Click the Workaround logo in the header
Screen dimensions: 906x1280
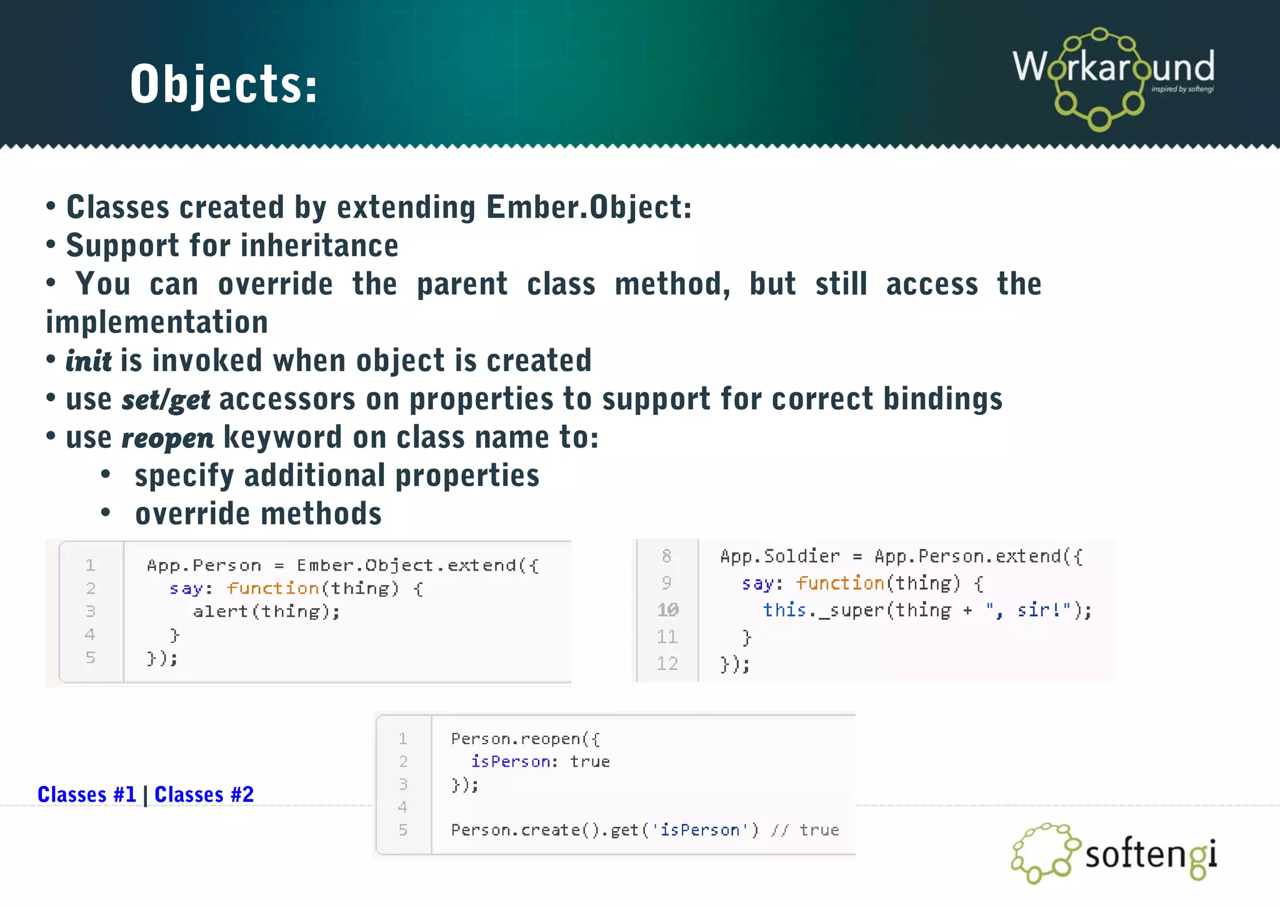pyautogui.click(x=1113, y=77)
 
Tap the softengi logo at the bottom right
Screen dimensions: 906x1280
pyautogui.click(x=1114, y=854)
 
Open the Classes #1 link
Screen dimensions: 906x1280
pyautogui.click(x=86, y=794)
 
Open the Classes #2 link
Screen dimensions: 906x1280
pyautogui.click(x=204, y=794)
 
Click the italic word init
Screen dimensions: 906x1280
pyautogui.click(x=88, y=361)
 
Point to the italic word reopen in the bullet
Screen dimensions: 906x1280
pyautogui.click(x=167, y=438)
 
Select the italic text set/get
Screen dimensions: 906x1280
pyautogui.click(x=166, y=400)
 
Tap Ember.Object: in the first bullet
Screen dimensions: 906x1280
pyautogui.click(x=589, y=207)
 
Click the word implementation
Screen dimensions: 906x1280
pyautogui.click(x=157, y=322)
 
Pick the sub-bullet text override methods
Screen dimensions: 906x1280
pyautogui.click(x=258, y=514)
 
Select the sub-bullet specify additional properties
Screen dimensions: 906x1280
pyautogui.click(x=337, y=476)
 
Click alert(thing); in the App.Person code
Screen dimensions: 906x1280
pyautogui.click(x=266, y=611)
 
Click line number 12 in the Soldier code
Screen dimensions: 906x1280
pyautogui.click(x=667, y=664)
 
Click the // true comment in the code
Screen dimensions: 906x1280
pyautogui.click(x=805, y=830)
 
